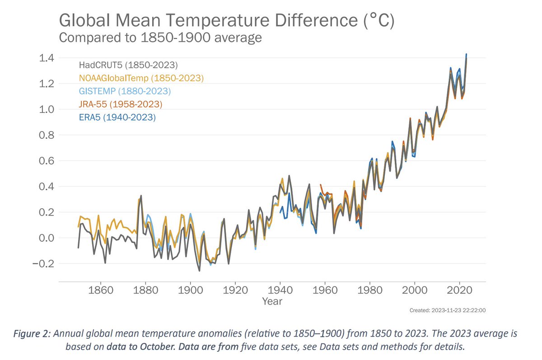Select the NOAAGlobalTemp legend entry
pos(141,78)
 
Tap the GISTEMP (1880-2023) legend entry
pos(125,91)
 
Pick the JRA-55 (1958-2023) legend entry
pos(120,104)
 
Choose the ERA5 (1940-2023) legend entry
pos(117,117)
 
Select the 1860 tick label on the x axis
pos(100,290)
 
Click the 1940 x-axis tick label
pos(280,290)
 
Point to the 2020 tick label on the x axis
pos(459,290)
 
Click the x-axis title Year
pos(272,301)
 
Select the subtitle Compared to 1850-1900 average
pos(160,37)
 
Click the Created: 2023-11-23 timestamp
pos(447,310)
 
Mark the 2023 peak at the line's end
pos(466,55)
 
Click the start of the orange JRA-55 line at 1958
pos(320,185)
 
